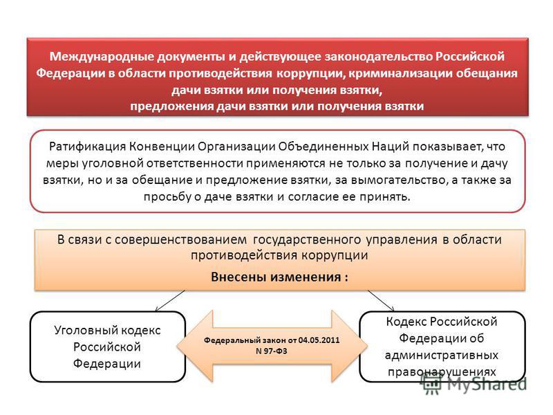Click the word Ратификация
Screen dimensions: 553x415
tap(87, 147)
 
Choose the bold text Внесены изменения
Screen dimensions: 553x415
tap(276, 277)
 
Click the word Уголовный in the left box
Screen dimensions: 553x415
tap(82, 331)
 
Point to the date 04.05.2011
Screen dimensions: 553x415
tap(319, 340)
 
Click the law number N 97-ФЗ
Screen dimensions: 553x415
tap(271, 351)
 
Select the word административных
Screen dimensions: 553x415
tap(441, 356)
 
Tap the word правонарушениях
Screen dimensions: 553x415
tap(442, 372)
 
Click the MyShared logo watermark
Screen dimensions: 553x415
tap(474, 384)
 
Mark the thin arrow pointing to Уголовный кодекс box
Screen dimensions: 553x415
tap(169, 301)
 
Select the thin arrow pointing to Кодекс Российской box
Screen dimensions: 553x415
tap(381, 301)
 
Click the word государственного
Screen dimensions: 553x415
tap(306, 240)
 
